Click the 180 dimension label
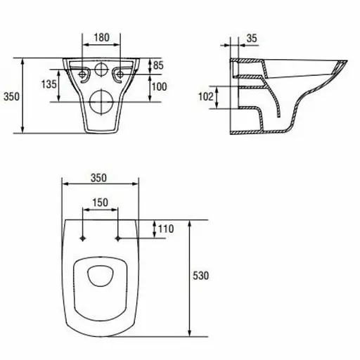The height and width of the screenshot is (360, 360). (101, 37)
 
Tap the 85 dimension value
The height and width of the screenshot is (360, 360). (158, 65)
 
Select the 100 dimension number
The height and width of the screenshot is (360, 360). (160, 86)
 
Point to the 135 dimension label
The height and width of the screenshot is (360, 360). (49, 84)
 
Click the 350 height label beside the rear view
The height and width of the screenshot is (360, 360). (11, 96)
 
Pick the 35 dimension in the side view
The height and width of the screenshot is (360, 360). (252, 38)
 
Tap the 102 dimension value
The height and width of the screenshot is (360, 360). (206, 96)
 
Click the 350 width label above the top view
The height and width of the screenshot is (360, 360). (98, 178)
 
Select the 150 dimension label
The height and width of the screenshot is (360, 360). (101, 202)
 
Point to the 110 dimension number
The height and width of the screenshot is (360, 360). (166, 229)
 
